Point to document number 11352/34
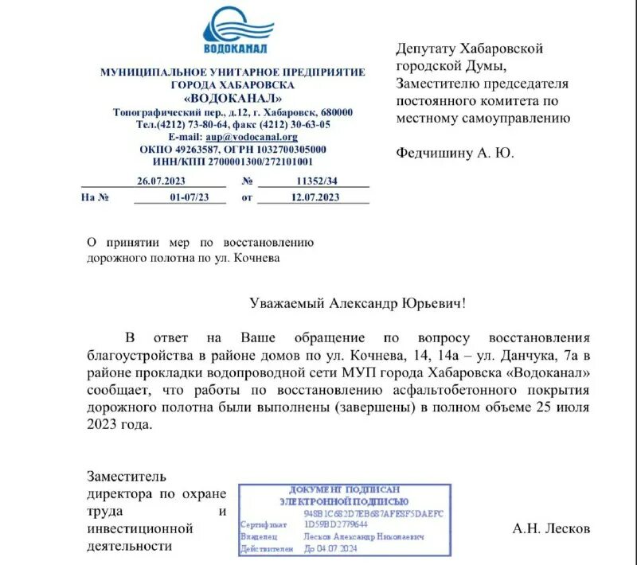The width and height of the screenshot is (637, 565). tap(315, 181)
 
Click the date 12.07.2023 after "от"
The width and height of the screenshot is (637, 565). tap(315, 197)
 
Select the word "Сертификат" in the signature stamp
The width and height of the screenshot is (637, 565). tap(263, 524)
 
